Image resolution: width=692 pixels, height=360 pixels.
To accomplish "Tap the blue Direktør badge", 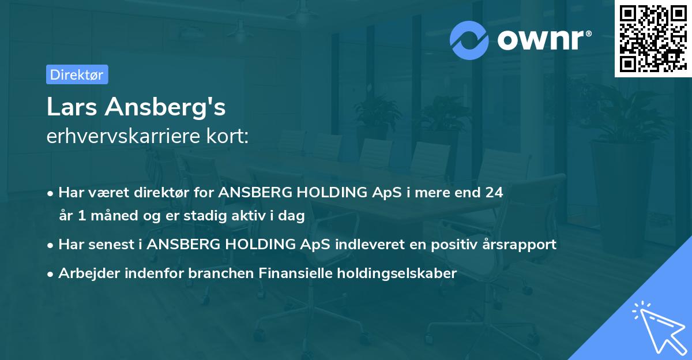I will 77,74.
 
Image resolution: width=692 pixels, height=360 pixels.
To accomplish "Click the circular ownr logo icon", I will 469,40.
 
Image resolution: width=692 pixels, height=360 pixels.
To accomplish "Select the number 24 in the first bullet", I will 494,193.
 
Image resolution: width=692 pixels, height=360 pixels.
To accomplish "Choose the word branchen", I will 215,273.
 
